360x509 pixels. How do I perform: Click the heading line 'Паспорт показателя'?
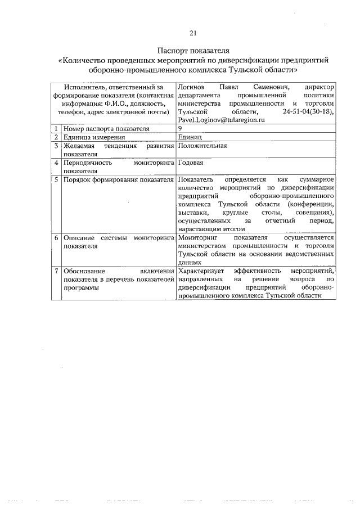pyautogui.click(x=193, y=51)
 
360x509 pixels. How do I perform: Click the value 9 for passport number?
pyautogui.click(x=179, y=128)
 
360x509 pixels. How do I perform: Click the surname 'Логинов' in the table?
pyautogui.click(x=192, y=87)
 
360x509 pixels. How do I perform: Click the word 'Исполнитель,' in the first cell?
pyautogui.click(x=85, y=87)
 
